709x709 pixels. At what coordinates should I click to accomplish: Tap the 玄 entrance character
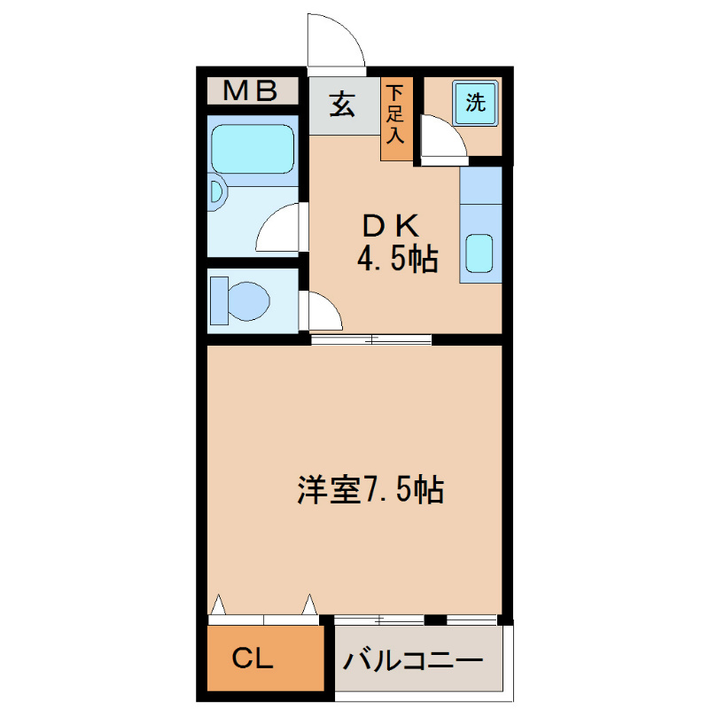(x=342, y=105)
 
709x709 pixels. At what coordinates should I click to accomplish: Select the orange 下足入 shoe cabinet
(x=396, y=120)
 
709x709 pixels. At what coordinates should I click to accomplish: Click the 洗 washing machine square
(x=476, y=102)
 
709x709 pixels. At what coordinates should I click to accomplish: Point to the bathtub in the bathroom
(x=253, y=147)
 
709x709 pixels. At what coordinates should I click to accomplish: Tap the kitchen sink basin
(x=480, y=253)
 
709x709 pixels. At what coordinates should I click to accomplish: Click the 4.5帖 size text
(x=397, y=260)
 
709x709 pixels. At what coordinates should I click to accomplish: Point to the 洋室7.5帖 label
(x=370, y=489)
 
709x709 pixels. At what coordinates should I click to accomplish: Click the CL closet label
(x=253, y=658)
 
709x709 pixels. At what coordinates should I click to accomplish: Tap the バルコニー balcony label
(x=414, y=660)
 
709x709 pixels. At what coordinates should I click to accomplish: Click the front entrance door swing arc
(x=335, y=41)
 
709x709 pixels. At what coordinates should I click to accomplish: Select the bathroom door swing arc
(x=278, y=229)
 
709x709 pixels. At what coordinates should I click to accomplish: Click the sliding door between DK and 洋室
(x=371, y=339)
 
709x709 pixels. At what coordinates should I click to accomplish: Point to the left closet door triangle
(x=218, y=605)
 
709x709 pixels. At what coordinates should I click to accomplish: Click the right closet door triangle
(x=309, y=605)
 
